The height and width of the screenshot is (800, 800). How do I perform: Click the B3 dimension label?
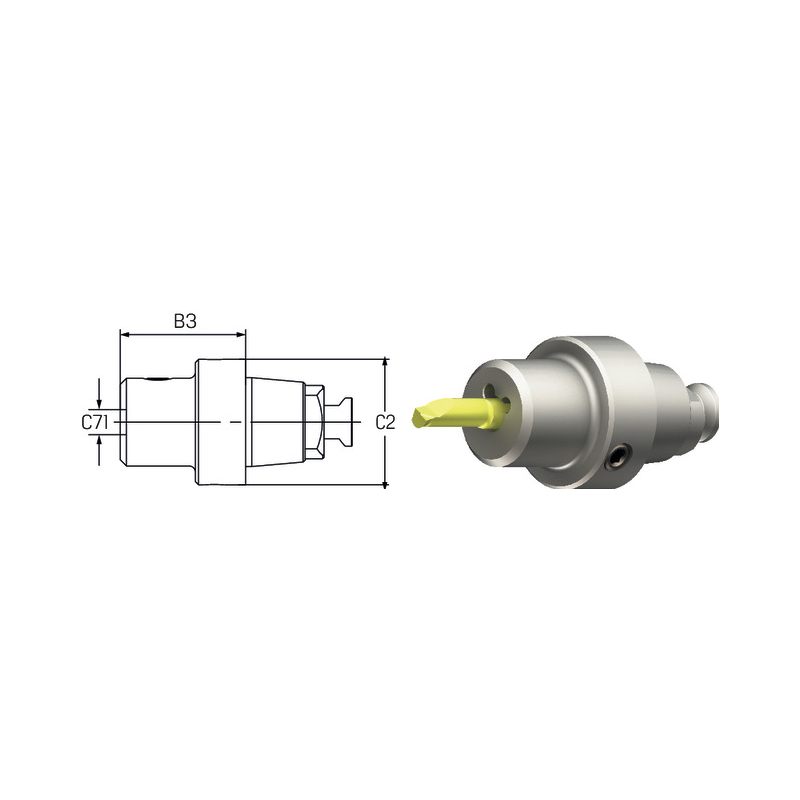click(x=185, y=321)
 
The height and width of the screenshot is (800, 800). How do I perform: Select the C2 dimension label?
click(x=385, y=422)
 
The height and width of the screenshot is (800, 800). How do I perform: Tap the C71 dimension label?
click(x=94, y=422)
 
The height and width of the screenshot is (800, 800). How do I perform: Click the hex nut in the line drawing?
click(x=314, y=422)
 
